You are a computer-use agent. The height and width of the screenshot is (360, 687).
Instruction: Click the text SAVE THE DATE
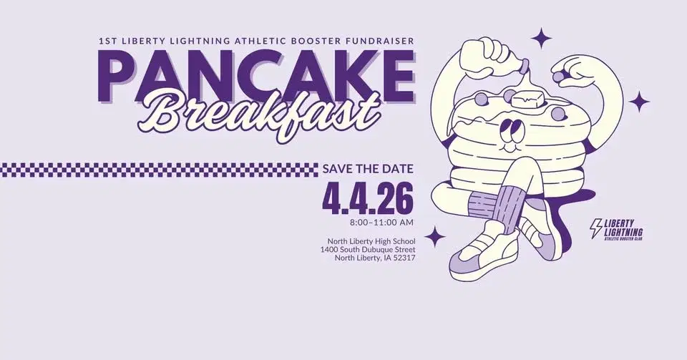[x=368, y=170]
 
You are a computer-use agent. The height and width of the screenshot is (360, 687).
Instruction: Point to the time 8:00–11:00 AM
[x=381, y=223]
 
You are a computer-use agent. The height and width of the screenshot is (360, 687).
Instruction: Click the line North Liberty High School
[x=371, y=240]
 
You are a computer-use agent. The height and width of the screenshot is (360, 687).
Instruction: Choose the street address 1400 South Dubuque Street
[x=368, y=249]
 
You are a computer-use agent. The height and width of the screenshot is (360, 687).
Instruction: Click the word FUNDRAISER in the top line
[x=374, y=42]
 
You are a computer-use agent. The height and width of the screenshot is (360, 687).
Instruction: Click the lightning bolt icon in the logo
[x=594, y=228]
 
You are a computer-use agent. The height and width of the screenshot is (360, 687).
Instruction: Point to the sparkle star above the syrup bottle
[x=542, y=37]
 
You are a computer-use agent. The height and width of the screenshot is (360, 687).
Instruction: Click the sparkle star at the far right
[x=639, y=102]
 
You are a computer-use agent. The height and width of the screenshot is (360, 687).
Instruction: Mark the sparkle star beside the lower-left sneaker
[x=434, y=235]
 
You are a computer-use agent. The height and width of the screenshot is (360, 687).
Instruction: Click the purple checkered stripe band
[x=157, y=170]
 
